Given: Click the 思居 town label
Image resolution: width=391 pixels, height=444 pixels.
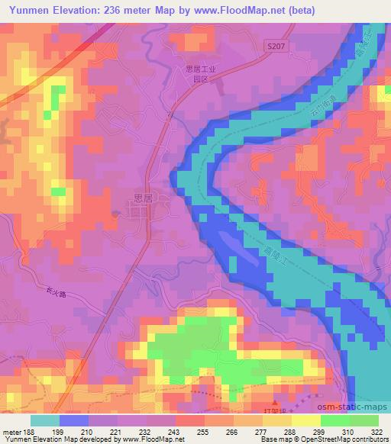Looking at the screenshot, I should click(x=143, y=197).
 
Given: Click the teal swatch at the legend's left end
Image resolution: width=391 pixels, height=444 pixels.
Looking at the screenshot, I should click(x=45, y=420).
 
